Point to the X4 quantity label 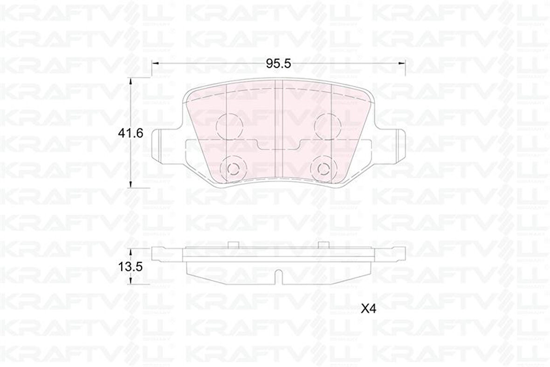[368, 309]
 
